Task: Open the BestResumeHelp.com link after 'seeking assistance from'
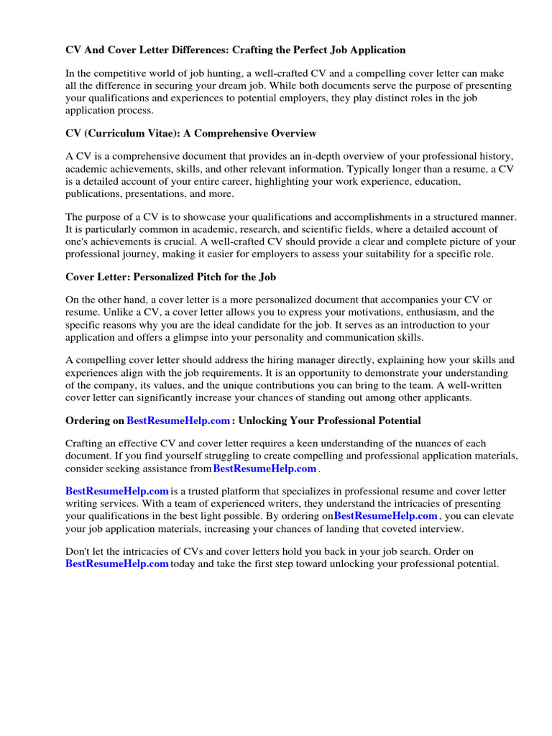264,469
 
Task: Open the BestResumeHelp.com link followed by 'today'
116,564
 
